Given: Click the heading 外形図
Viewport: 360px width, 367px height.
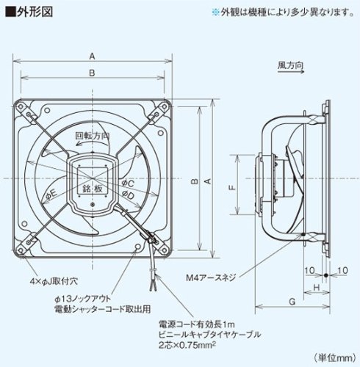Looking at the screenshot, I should pos(29,11).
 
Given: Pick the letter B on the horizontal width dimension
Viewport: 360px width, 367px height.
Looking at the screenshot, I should pos(90,72).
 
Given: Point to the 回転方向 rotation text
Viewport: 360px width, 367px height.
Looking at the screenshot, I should pos(93,137).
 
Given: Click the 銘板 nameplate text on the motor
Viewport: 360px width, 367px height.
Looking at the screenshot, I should pos(91,189).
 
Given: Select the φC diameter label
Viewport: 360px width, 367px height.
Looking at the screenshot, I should pos(127,181).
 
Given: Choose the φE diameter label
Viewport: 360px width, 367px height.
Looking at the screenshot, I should pos(52,194).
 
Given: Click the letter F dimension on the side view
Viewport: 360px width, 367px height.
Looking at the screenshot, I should pos(231,186).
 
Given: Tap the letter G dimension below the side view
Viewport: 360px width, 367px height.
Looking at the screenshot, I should pos(292,300).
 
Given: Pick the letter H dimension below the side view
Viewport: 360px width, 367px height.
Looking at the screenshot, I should pos(315,286).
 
